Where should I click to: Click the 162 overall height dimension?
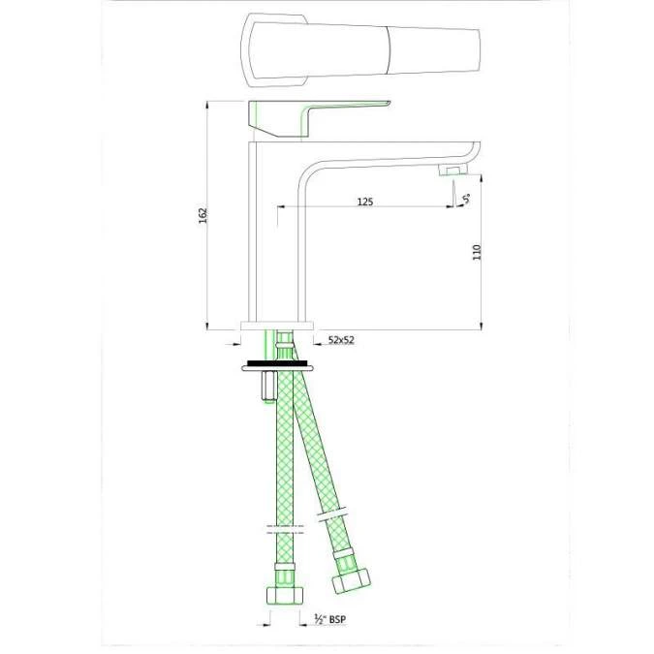202,214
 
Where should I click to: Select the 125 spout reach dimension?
365,202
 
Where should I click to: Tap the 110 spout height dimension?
476,252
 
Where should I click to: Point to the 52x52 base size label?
342,340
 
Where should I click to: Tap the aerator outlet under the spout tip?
452,171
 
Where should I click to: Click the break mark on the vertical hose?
284,530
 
